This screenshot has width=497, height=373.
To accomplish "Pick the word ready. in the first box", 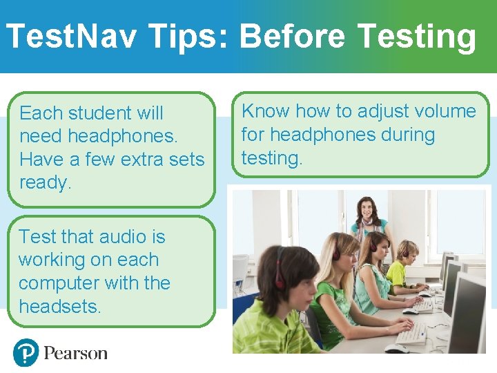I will click(46, 183).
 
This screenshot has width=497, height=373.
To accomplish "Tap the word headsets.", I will click(60, 307).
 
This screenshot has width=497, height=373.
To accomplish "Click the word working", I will click(52, 260).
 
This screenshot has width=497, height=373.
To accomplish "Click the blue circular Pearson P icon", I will click(26, 353).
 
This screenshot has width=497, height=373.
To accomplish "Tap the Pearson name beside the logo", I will click(76, 354).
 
